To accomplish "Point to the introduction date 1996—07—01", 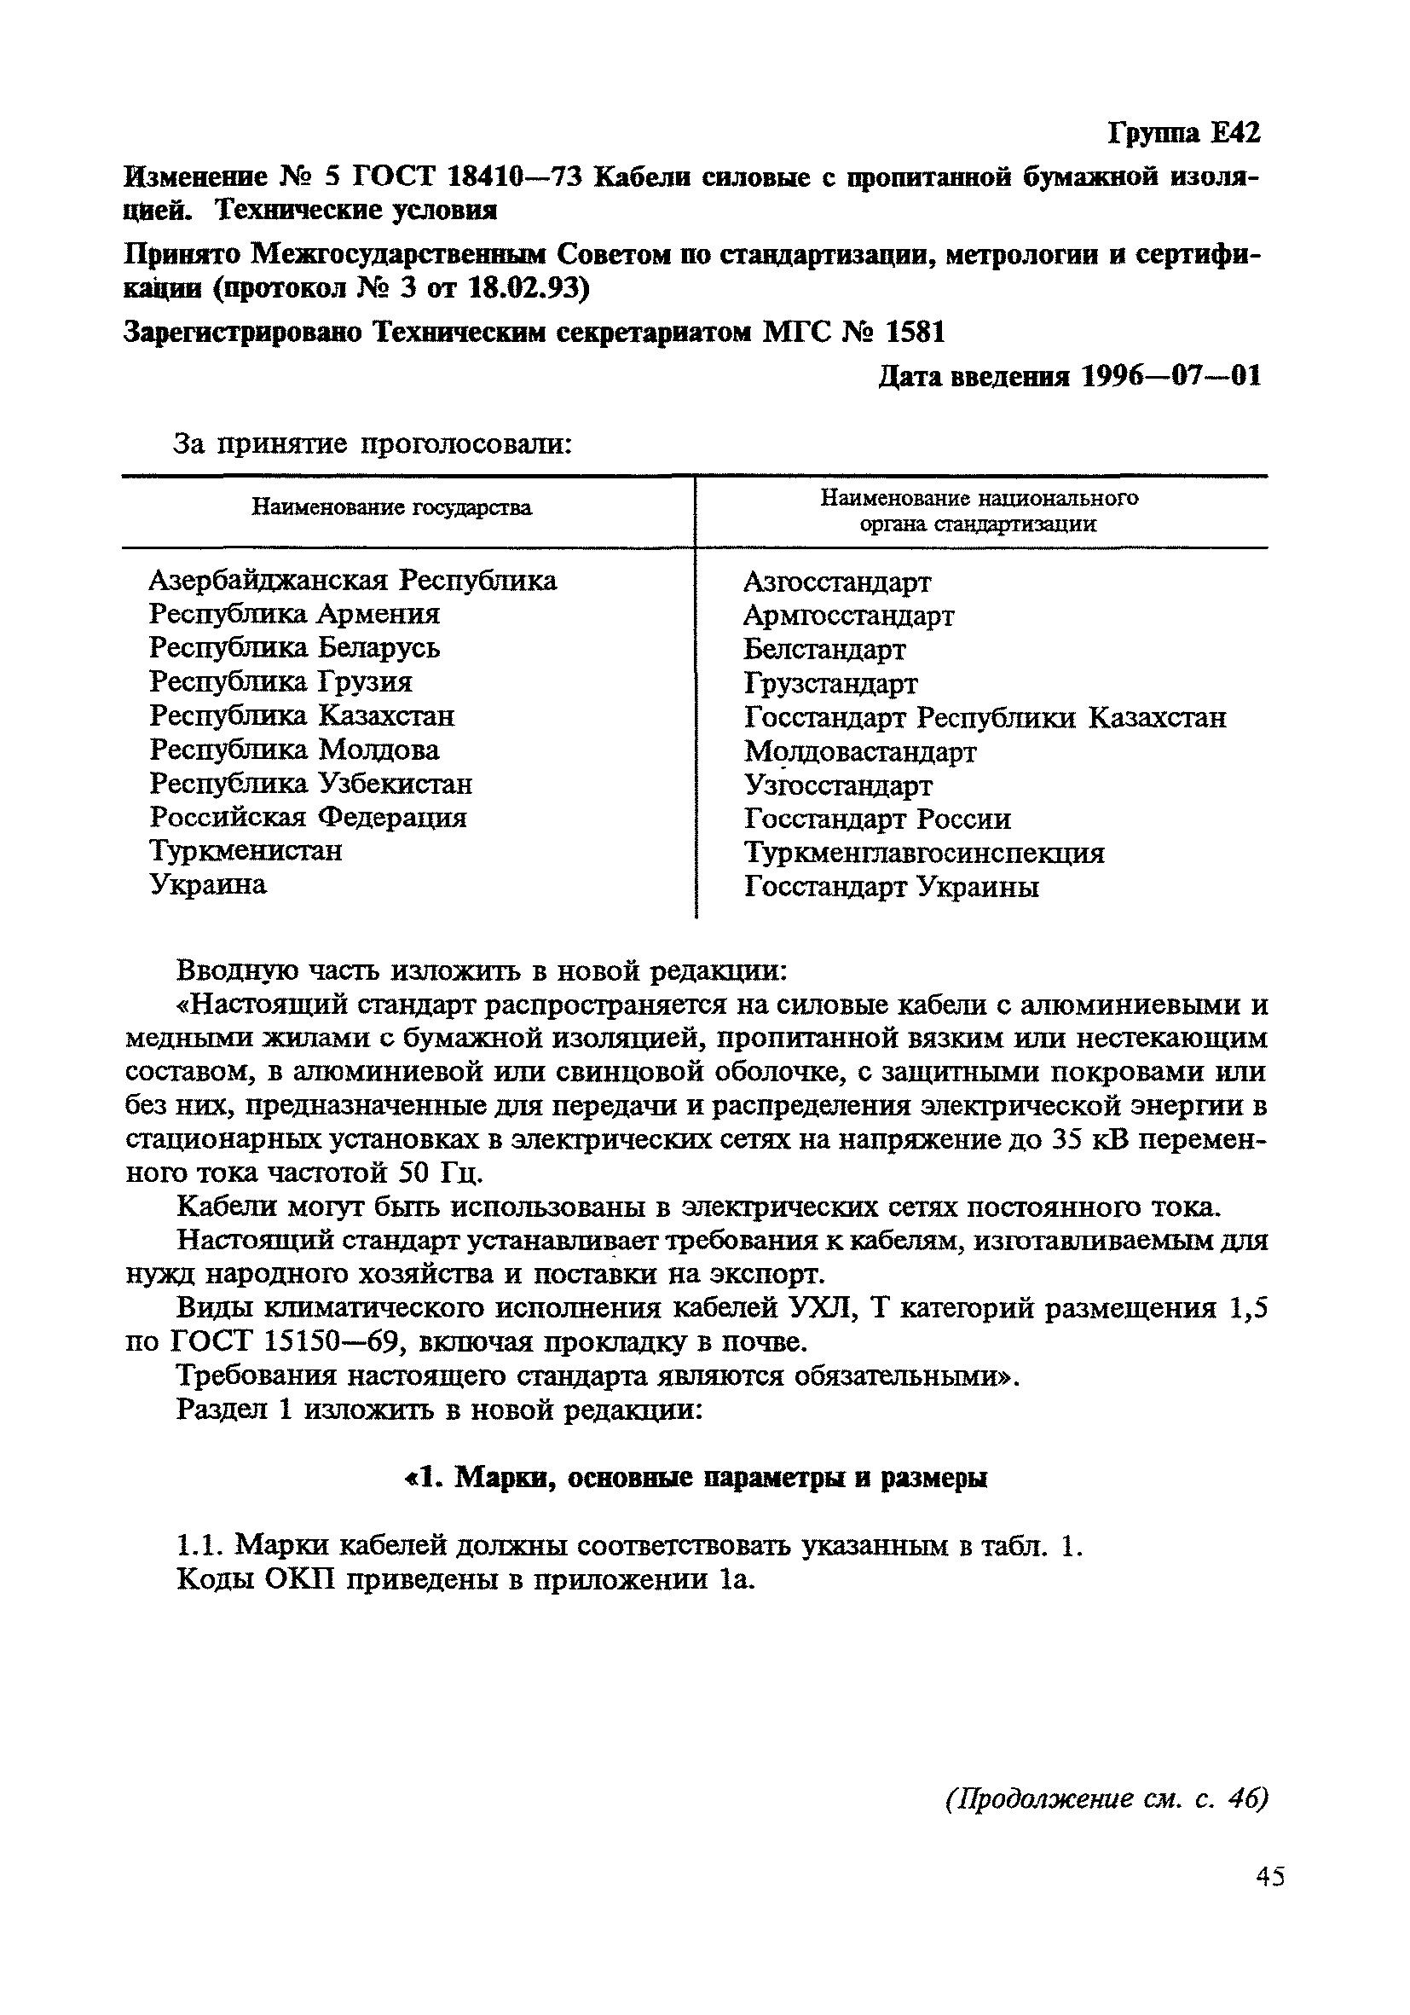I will tap(1170, 377).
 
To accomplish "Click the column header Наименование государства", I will tap(391, 508).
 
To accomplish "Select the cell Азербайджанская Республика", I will tap(352, 580).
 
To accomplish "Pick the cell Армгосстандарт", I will tap(847, 616).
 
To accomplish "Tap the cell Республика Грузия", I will tap(280, 682).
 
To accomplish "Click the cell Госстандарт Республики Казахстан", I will tap(985, 718).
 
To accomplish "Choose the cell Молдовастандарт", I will tap(860, 752).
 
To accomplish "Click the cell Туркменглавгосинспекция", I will tap(923, 853).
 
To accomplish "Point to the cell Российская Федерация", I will tap(307, 817).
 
